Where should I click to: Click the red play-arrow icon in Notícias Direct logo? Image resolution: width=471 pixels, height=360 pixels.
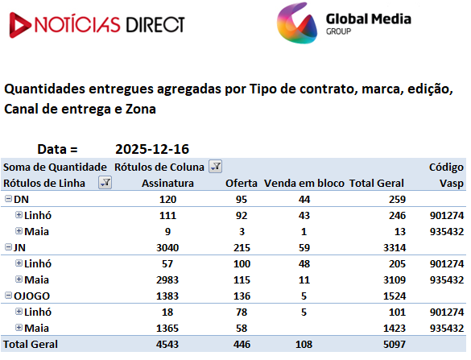[x=19, y=25]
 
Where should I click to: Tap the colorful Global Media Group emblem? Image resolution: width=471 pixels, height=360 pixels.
[x=297, y=23]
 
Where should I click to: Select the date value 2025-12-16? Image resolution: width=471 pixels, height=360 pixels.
[x=152, y=149]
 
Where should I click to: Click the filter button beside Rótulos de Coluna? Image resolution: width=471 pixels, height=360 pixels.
[x=216, y=167]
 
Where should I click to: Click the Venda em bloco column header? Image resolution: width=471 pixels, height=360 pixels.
[x=304, y=183]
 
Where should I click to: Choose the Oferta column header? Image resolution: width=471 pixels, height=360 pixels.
[x=242, y=183]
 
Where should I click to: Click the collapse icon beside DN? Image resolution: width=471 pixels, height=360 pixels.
[x=8, y=199]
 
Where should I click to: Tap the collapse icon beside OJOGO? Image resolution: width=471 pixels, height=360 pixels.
[x=8, y=296]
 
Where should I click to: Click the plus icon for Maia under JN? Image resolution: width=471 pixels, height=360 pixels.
[x=19, y=279]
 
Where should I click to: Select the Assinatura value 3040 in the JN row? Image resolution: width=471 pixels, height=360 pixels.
[x=167, y=247]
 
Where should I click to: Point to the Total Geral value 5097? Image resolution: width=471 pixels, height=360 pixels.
[x=395, y=345]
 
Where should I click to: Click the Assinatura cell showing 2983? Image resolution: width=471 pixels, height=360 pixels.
[x=167, y=279]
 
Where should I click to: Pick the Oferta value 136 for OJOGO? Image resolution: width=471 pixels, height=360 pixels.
[x=242, y=296]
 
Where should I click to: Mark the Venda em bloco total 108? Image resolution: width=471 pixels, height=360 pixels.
[x=304, y=345]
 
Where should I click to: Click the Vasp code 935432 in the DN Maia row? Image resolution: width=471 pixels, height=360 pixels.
[x=447, y=232]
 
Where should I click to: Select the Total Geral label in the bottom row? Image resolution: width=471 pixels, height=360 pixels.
[x=31, y=345]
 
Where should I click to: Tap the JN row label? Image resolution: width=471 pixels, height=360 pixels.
[x=20, y=247]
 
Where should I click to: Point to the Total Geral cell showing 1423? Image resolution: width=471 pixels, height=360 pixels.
[x=395, y=328]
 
